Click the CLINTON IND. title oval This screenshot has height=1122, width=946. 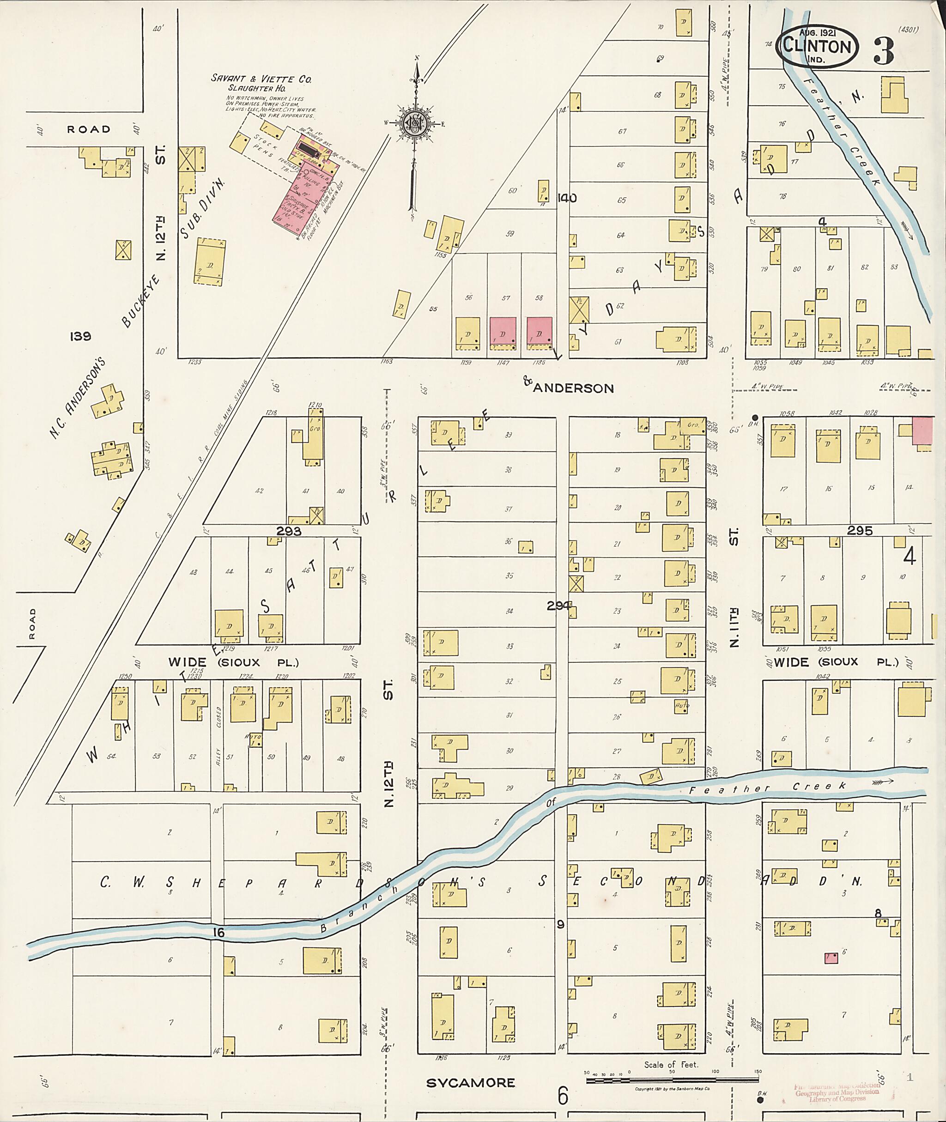[817, 46]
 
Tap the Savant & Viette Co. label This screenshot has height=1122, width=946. [261, 79]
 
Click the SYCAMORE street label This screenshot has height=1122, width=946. [470, 1082]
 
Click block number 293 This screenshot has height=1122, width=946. [289, 531]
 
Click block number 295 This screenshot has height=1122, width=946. [860, 530]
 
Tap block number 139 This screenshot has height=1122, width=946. [80, 336]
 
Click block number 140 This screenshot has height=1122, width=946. [566, 198]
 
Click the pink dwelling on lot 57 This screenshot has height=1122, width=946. [503, 334]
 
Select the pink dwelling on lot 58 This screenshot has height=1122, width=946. [539, 334]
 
